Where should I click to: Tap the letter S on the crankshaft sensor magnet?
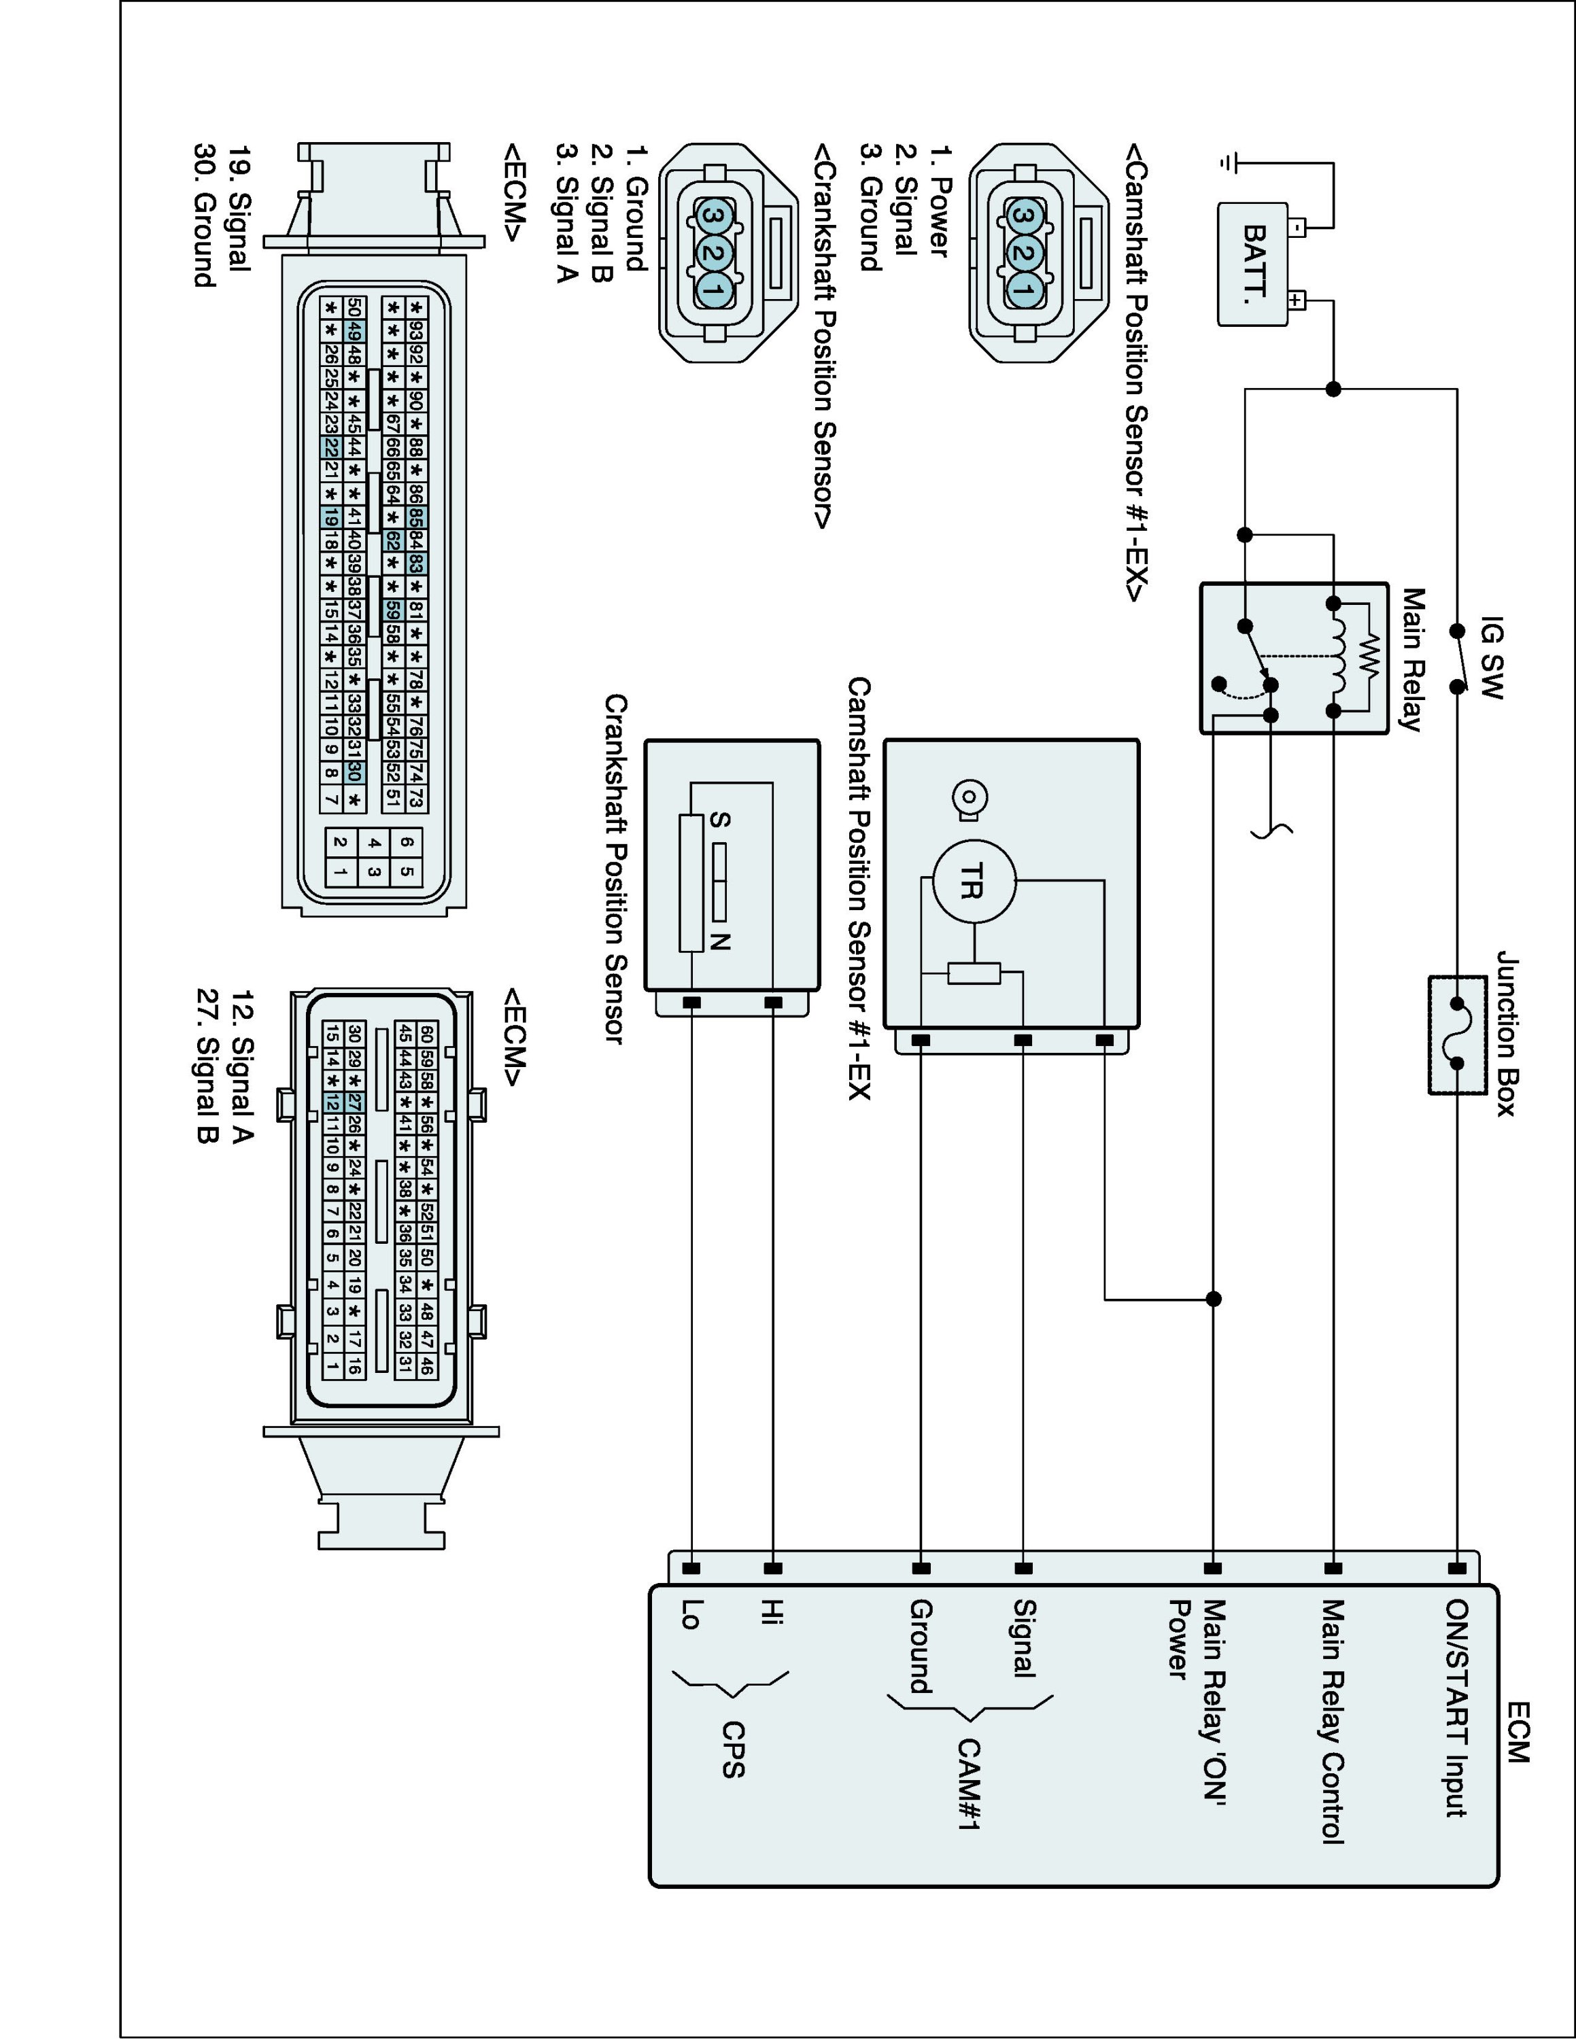(x=719, y=820)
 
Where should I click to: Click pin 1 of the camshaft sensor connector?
(x=1024, y=290)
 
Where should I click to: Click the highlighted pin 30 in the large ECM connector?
(x=354, y=772)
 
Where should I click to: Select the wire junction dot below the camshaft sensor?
(x=1213, y=1299)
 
